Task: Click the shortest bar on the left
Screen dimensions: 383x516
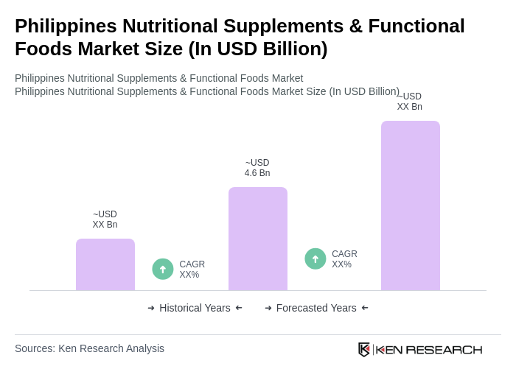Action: pos(105,264)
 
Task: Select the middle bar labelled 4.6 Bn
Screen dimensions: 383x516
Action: pos(258,239)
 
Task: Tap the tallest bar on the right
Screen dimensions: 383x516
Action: pos(411,205)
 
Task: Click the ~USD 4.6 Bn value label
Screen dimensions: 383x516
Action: pos(257,168)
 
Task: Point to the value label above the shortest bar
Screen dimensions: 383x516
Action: pos(105,219)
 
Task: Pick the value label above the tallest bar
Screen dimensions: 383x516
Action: pos(410,102)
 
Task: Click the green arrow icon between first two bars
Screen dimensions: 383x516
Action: pos(163,269)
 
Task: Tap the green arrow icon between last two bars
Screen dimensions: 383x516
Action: pos(315,259)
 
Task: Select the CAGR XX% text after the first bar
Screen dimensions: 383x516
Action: pos(192,270)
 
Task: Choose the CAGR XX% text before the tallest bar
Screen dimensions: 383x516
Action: pos(344,259)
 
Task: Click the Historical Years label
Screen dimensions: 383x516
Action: pos(195,308)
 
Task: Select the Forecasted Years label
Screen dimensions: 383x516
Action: pos(316,308)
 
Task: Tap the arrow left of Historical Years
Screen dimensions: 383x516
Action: pos(151,308)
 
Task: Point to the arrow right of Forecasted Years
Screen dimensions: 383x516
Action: pos(365,308)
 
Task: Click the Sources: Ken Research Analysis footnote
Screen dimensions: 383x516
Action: pos(89,348)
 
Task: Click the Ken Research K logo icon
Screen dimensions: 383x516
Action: pos(364,349)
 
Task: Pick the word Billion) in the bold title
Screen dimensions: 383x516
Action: pos(293,49)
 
